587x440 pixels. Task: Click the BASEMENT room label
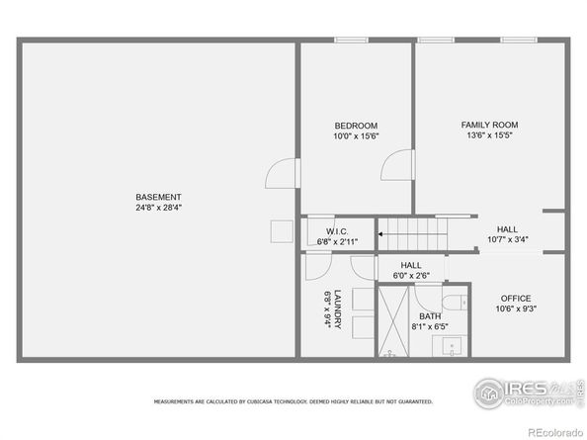pyautogui.click(x=159, y=197)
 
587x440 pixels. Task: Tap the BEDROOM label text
pyautogui.click(x=356, y=125)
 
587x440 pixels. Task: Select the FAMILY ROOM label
pyautogui.click(x=489, y=125)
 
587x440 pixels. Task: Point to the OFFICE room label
pyautogui.click(x=516, y=298)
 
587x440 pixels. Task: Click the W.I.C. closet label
pyautogui.click(x=337, y=230)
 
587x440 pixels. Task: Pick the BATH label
pyautogui.click(x=429, y=315)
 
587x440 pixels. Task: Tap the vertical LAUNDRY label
pyautogui.click(x=338, y=309)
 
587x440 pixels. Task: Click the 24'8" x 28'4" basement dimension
pyautogui.click(x=159, y=209)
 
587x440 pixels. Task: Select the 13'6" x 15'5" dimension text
pyautogui.click(x=489, y=135)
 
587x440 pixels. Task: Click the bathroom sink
pyautogui.click(x=454, y=347)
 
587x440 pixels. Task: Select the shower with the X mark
pyautogui.click(x=393, y=322)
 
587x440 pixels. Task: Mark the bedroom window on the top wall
pyautogui.click(x=350, y=41)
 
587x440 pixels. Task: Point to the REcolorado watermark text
pyautogui.click(x=554, y=432)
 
